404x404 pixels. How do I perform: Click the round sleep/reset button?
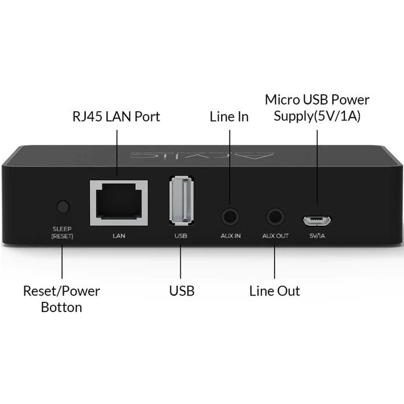(63, 206)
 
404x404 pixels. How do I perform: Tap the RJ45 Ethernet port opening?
(119, 203)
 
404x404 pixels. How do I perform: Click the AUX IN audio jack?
(230, 217)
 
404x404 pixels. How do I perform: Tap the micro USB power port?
(317, 220)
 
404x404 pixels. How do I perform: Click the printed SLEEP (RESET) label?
(62, 233)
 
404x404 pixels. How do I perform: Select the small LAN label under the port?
(119, 236)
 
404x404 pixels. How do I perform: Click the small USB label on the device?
(181, 236)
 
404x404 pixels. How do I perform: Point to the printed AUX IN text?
(230, 236)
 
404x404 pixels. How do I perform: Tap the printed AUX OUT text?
(275, 236)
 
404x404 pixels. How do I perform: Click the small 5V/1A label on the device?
(318, 236)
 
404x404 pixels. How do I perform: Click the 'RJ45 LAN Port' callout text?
(116, 117)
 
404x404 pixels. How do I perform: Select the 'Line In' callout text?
(229, 117)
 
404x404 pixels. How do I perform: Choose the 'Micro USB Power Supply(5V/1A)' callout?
(317, 108)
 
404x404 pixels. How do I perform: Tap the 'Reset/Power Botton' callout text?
(62, 299)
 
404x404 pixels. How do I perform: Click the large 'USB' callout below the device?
(182, 291)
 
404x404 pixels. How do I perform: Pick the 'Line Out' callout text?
(275, 291)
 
